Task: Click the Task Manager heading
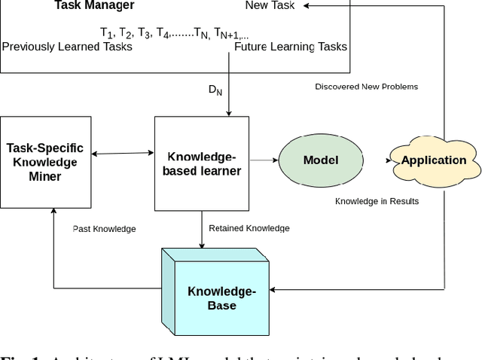pos(94,6)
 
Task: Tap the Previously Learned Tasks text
pos(67,47)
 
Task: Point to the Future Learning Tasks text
pos(291,47)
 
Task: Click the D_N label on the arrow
pos(216,90)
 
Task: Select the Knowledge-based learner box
pos(201,163)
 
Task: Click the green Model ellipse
pos(320,160)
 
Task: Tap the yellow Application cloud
pos(433,160)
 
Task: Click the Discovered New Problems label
pos(366,87)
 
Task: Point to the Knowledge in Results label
pos(377,201)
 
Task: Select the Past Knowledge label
pos(103,227)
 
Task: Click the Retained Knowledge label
pos(249,227)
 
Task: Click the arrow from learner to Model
pos(263,160)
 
